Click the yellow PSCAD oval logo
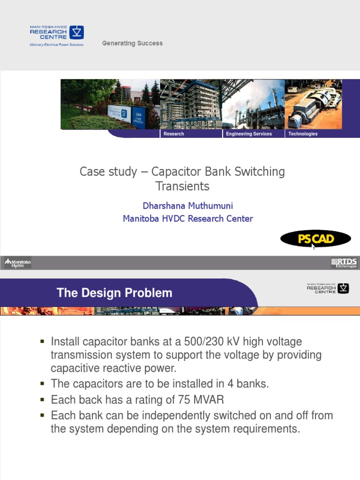(315, 239)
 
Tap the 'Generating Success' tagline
(132, 43)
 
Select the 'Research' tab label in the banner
(174, 134)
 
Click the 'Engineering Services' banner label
(249, 134)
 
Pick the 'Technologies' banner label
(303, 134)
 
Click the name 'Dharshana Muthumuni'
(187, 206)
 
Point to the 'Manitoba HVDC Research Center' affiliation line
(187, 218)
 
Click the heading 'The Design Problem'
(114, 293)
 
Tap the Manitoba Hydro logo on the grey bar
(18, 262)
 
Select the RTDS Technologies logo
(344, 263)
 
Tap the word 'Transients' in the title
(182, 186)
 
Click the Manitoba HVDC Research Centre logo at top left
(57, 36)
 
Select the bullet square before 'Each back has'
(42, 399)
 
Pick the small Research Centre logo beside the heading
(328, 288)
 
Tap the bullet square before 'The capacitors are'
(42, 383)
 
